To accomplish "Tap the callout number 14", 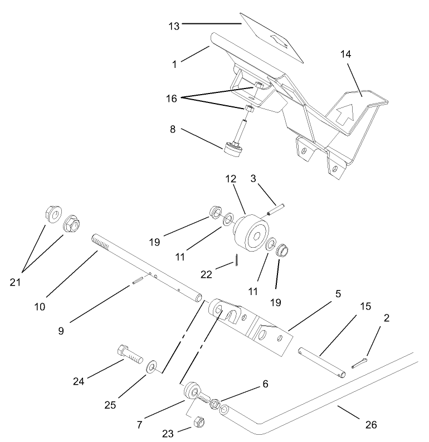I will pos(347,55).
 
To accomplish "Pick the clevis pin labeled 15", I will pos(320,362).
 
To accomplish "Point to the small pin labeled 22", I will pos(237,260).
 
